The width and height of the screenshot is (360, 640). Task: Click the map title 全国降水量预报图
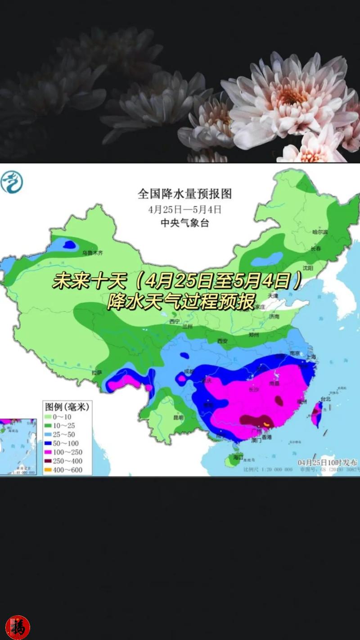pos(184,194)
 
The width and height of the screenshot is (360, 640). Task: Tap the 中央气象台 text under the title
pos(184,223)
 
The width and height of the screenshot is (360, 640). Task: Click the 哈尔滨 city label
pos(320,232)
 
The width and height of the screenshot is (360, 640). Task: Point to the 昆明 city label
pos(178,418)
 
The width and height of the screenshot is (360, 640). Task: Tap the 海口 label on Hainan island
pos(238,458)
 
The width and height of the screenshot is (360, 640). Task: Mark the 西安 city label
pos(222,341)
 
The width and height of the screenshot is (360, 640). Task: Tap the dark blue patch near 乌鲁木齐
pos(69,244)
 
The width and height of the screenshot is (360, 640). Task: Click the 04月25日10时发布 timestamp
pos(327,463)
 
